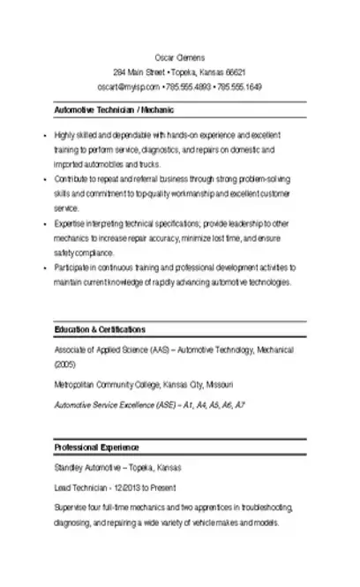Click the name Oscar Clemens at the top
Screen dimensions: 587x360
(179, 56)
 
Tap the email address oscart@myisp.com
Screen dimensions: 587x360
(128, 87)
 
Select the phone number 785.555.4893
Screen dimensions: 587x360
(188, 87)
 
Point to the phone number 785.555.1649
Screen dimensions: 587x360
(239, 87)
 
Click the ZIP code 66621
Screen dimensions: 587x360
(235, 71)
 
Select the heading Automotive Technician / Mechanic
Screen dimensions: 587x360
(114, 110)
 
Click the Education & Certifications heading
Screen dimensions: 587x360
(100, 329)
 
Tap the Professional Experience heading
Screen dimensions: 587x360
(96, 448)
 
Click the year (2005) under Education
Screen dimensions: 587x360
(65, 363)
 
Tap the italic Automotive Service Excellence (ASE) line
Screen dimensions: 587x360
(150, 405)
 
